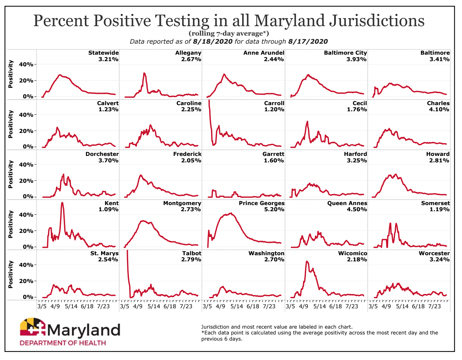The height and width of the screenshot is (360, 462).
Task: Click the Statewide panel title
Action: (103, 53)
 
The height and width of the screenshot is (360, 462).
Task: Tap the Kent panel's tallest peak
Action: (62, 203)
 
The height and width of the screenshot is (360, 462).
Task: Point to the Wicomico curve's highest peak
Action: (307, 261)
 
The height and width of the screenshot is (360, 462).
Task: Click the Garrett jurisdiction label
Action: (273, 154)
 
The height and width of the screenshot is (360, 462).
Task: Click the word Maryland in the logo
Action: (84, 330)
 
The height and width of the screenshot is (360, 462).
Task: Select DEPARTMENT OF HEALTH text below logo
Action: (63, 343)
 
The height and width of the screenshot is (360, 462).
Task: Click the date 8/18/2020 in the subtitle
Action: (213, 41)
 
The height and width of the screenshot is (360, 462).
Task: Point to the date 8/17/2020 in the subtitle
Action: (308, 41)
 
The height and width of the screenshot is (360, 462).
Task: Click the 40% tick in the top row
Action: (26, 64)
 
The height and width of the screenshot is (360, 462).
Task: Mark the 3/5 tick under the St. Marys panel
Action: (42, 306)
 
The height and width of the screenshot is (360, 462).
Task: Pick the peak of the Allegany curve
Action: (144, 73)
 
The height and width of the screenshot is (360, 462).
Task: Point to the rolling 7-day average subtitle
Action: (229, 33)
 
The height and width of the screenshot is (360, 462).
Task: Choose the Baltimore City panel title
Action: (345, 53)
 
